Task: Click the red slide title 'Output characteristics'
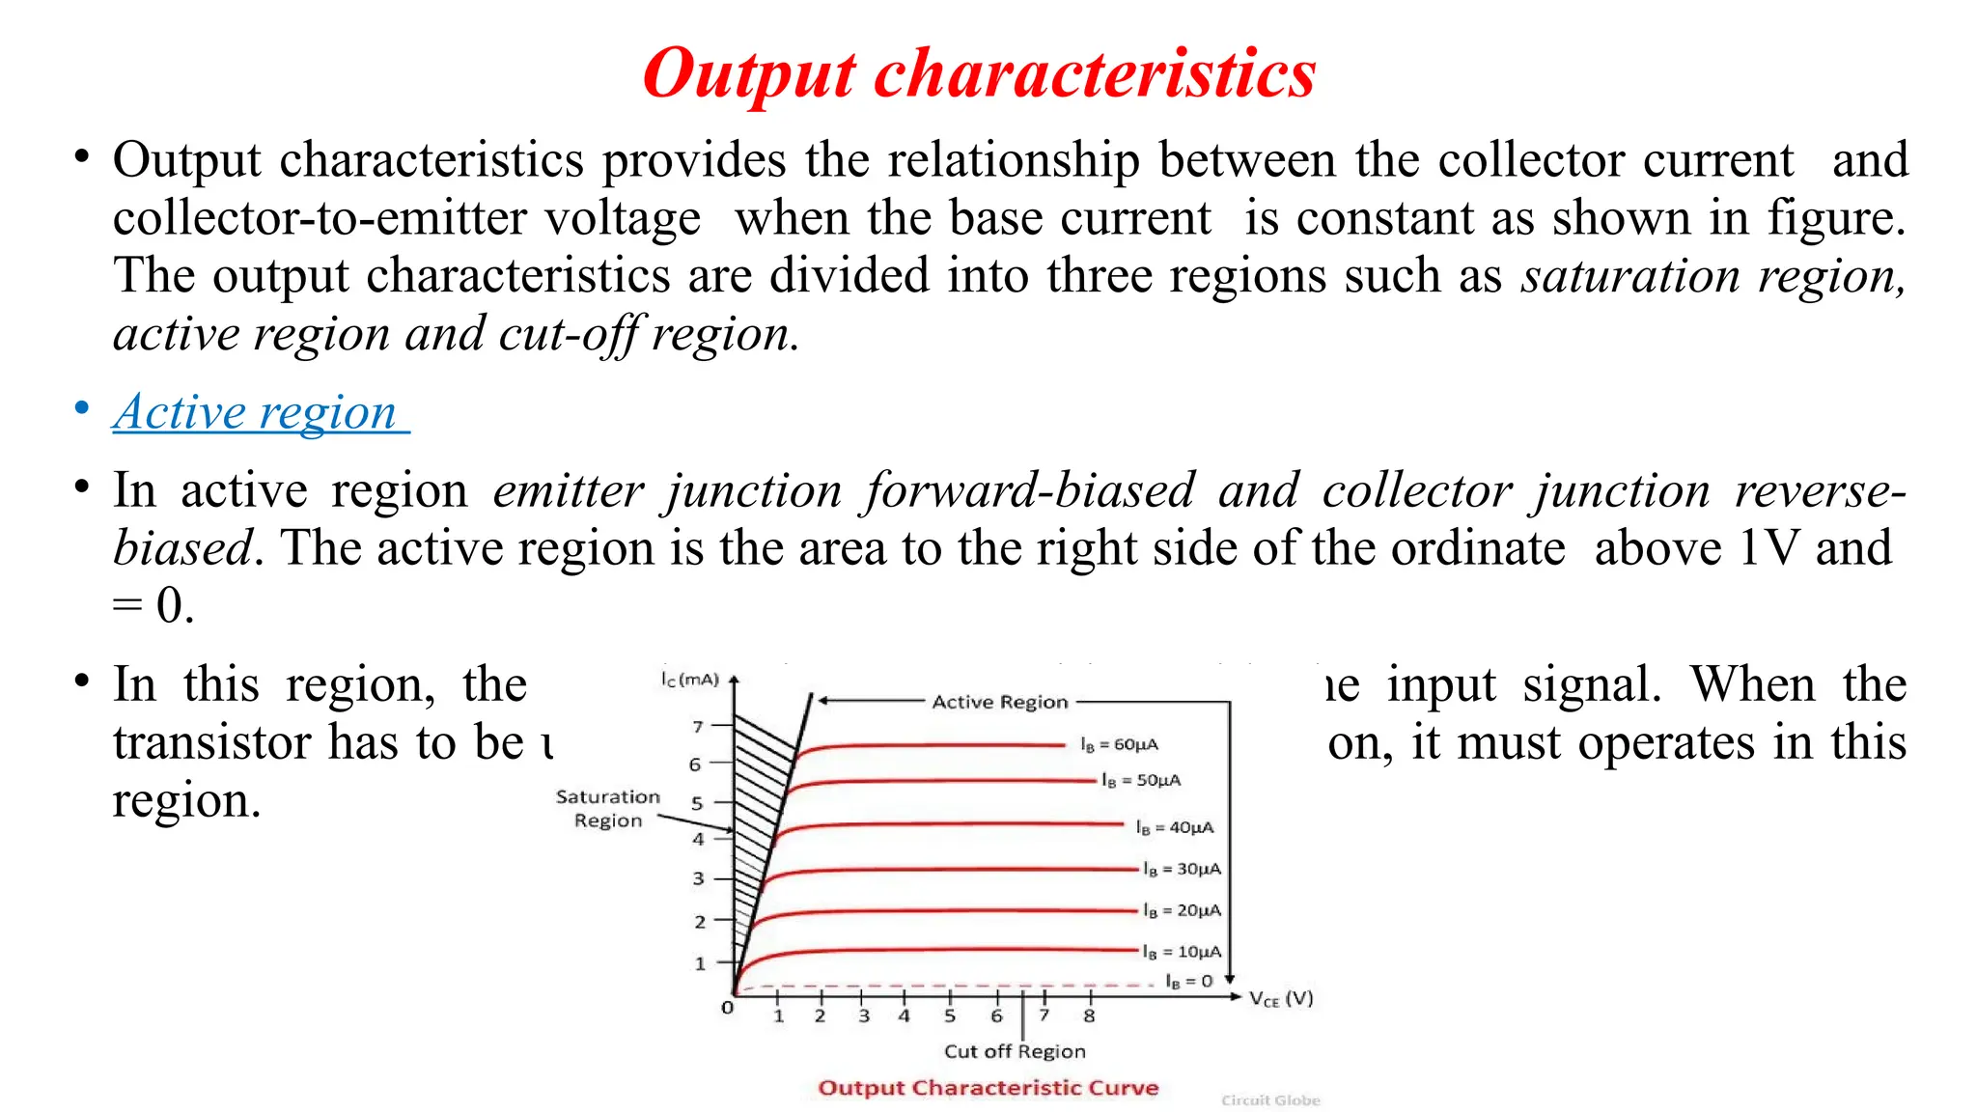click(x=979, y=73)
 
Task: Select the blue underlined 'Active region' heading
click(x=256, y=412)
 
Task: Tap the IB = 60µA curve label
click(x=1119, y=744)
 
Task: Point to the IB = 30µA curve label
click(x=1182, y=869)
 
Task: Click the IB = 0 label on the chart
click(x=1188, y=981)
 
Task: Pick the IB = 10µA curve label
click(x=1182, y=952)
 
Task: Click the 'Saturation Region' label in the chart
click(x=608, y=808)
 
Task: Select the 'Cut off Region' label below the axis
click(x=1015, y=1051)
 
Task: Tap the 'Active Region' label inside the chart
click(x=1000, y=702)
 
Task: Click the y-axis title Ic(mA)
click(x=689, y=680)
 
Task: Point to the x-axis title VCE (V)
click(x=1281, y=999)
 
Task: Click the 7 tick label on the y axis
click(x=697, y=726)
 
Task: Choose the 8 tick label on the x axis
click(x=1089, y=1016)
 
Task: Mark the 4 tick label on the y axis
click(x=698, y=840)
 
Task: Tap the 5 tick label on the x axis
click(x=950, y=1016)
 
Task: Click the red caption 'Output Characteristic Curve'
click(x=988, y=1088)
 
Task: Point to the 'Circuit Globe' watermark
click(x=1270, y=1100)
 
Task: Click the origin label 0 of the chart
click(x=727, y=1008)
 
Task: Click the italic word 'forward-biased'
click(x=1029, y=490)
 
